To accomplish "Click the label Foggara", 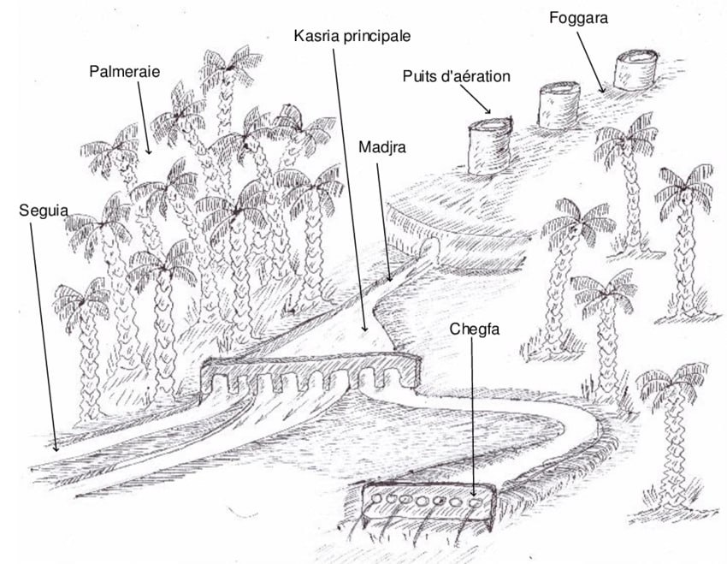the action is pos(578,19).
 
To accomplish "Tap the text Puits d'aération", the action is pos(456,76).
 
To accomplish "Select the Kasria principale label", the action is pos(352,36).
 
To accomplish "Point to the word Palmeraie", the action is pos(124,71).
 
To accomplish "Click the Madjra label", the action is pos(382,147).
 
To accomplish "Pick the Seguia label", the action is pos(44,211).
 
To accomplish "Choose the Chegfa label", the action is pos(475,329).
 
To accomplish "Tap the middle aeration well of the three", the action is pos(559,105).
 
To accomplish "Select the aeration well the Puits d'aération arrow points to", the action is pos(490,145).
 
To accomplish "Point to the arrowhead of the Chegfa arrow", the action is pos(473,494).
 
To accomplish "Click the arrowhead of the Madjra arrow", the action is pos(389,278).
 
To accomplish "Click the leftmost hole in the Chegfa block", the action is pos(376,499).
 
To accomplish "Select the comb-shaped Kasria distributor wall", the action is pos(310,372).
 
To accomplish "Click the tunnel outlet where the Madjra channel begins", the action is pos(430,246).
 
